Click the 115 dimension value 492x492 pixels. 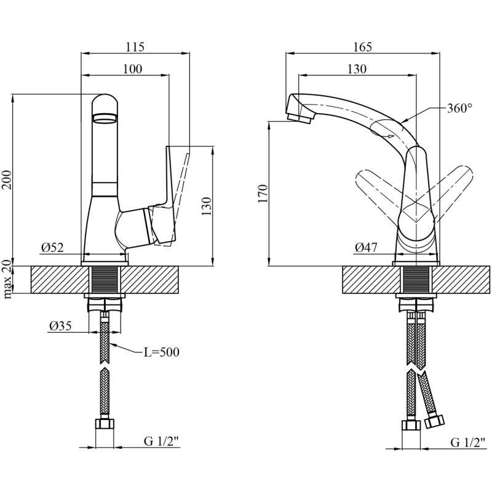(135, 47)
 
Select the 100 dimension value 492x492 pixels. (132, 69)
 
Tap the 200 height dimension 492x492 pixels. (6, 180)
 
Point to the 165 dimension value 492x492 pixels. (362, 47)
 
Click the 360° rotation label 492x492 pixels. (459, 108)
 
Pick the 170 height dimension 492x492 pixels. (263, 194)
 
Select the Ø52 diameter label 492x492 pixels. (52, 248)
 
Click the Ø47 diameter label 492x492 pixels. (366, 248)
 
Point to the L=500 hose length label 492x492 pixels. (161, 352)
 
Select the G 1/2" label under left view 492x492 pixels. (161, 442)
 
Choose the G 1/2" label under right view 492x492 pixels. (468, 443)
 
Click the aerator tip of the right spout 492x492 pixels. (299, 117)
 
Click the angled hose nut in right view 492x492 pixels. (435, 421)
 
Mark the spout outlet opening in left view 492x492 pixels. (105, 118)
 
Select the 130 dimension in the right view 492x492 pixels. (357, 69)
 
